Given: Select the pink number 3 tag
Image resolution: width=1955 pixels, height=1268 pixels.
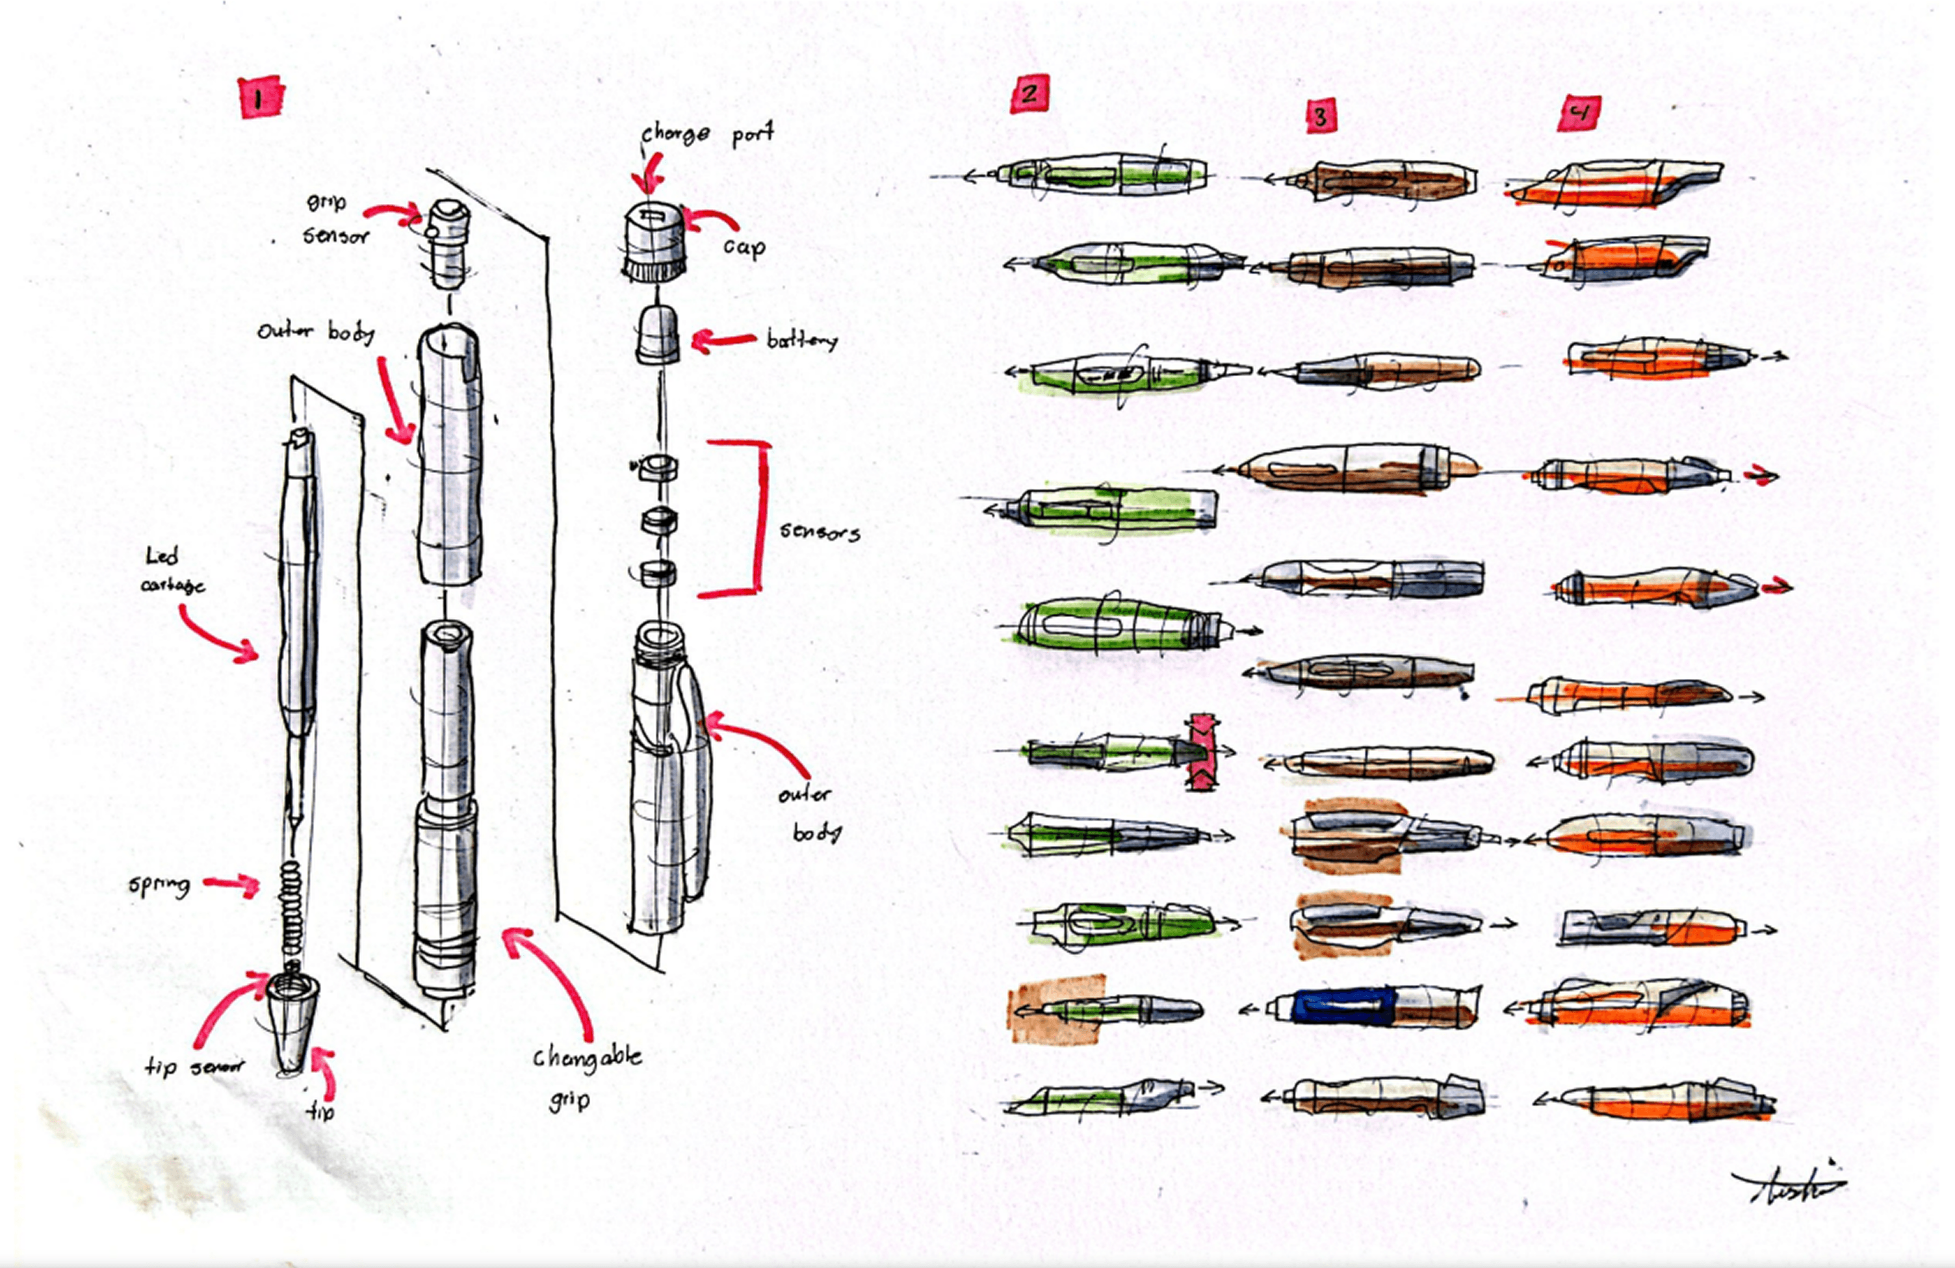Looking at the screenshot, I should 1321,115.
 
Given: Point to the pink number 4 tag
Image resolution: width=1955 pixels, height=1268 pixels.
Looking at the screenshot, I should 1578,113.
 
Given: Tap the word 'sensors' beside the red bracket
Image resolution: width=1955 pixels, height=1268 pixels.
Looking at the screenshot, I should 819,532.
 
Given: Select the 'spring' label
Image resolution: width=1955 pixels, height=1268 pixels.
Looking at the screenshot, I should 159,885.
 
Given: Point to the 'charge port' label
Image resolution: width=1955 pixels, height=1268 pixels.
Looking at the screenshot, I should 707,134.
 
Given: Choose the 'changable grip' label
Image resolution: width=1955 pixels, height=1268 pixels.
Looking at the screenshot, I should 586,1076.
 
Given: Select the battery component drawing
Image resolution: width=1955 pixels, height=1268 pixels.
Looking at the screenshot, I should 657,335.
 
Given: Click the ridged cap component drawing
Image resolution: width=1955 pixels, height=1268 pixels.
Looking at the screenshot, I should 654,243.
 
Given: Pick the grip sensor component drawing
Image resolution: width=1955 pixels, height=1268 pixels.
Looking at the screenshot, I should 448,242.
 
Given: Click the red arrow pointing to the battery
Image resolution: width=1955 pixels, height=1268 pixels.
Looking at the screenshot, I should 723,339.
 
